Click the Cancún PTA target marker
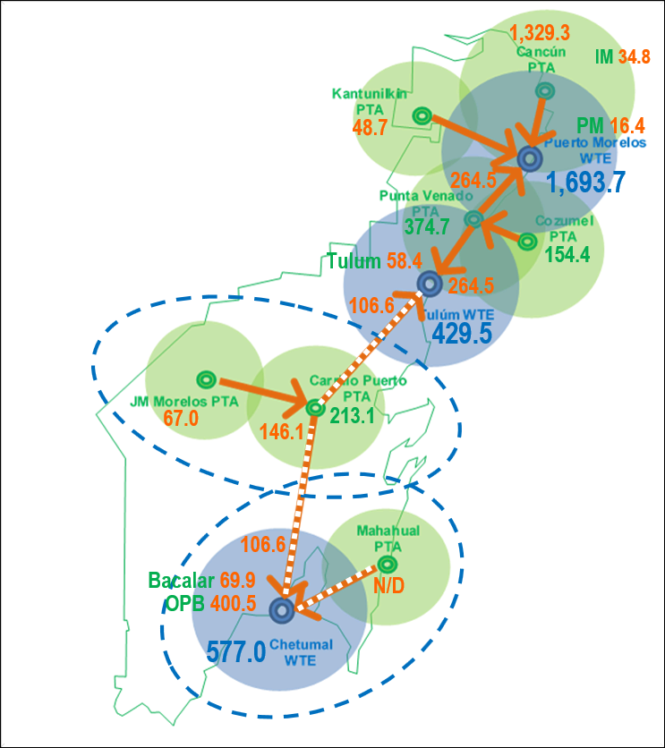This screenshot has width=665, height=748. (544, 90)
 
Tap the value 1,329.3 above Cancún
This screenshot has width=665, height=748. (540, 34)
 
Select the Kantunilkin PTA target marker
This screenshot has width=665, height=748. (422, 115)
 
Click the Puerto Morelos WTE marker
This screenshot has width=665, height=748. (529, 159)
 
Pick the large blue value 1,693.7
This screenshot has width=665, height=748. (586, 183)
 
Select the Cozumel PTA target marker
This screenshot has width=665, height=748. (527, 242)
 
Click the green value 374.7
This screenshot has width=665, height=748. (427, 227)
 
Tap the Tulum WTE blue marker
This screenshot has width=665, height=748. (430, 284)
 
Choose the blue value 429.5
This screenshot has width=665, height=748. (463, 334)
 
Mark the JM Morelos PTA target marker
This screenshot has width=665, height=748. (205, 378)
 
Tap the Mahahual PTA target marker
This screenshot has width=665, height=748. (388, 565)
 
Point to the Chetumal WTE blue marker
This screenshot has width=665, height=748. (281, 610)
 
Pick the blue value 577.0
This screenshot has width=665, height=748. (236, 650)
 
